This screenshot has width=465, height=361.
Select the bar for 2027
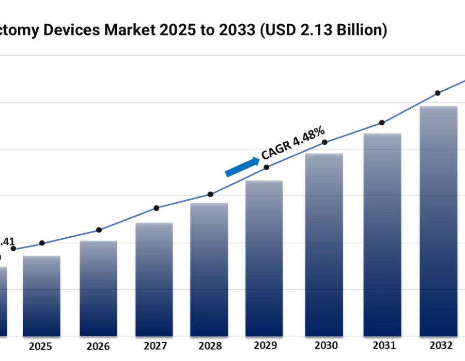154,279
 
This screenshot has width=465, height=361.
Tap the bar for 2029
264,258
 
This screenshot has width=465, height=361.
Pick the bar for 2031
382,235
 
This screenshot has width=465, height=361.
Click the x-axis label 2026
98,346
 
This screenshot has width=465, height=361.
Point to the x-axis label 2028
209,346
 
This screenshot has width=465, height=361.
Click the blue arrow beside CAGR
242,167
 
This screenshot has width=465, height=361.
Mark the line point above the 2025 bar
42,243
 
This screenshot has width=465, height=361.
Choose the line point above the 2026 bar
99,230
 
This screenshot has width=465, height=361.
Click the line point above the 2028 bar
210,194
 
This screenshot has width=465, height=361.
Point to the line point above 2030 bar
324,142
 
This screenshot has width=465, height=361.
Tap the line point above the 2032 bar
438,93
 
